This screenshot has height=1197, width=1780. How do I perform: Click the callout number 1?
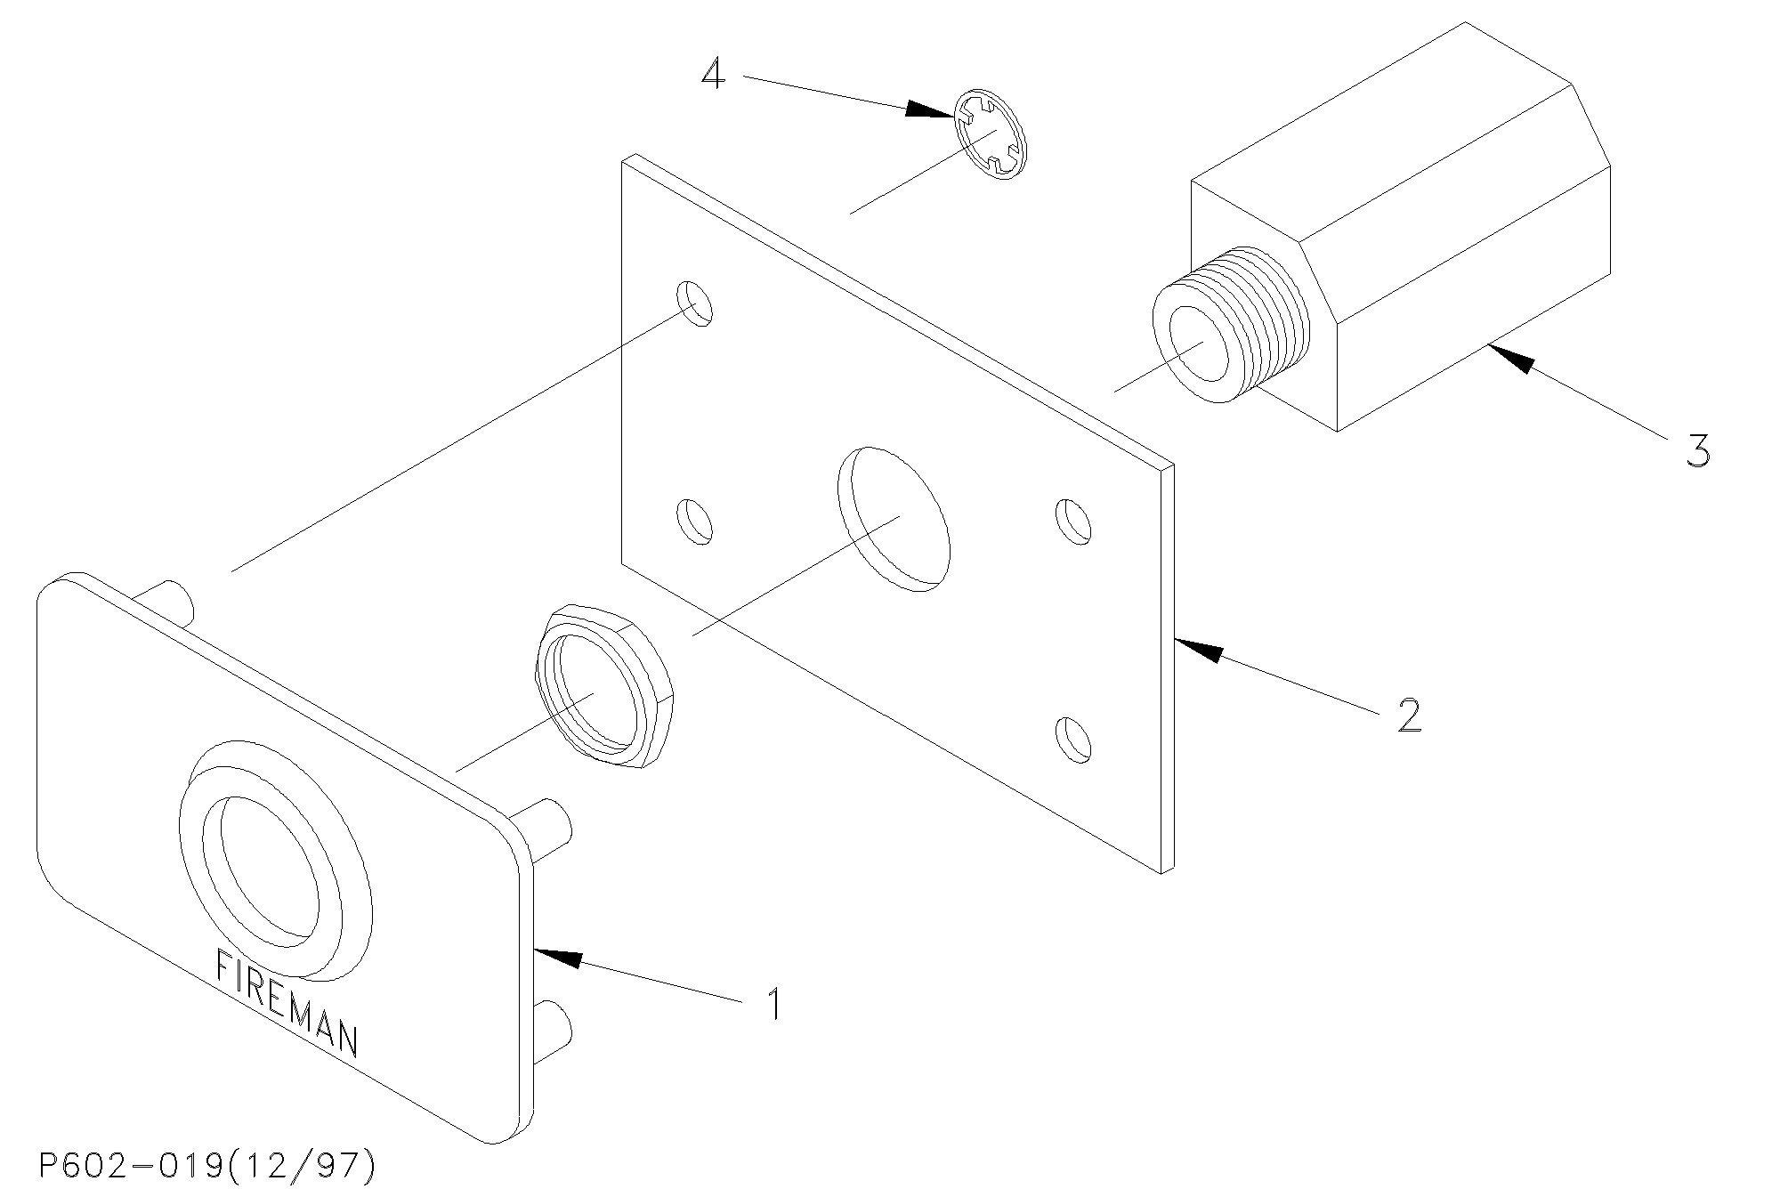click(774, 1004)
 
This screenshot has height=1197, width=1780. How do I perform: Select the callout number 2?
click(1408, 715)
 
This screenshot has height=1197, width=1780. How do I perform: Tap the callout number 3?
click(1697, 450)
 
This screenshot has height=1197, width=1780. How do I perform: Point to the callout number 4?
click(713, 73)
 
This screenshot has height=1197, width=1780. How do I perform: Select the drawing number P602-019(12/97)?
click(207, 1166)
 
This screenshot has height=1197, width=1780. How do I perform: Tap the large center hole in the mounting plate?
click(894, 519)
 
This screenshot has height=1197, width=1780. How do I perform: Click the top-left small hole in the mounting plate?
click(695, 303)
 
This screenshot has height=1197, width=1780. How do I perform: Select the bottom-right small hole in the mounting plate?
click(1072, 739)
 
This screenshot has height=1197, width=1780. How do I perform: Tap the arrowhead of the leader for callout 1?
click(558, 958)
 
